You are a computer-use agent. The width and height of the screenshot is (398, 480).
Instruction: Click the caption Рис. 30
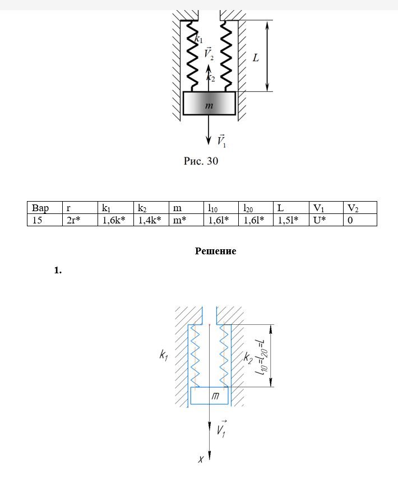pos(201,162)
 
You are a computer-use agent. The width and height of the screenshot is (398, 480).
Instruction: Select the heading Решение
pos(215,251)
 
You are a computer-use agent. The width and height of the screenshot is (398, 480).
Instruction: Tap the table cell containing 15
pos(45,220)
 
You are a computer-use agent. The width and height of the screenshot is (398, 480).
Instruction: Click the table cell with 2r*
pos(80,220)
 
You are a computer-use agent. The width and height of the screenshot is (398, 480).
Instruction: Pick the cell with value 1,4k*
pos(150,220)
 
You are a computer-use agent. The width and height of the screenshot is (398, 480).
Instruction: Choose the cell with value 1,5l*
pos(290,220)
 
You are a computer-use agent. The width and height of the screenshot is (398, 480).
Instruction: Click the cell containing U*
pos(325,220)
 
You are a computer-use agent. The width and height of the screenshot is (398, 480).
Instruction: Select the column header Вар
pos(45,208)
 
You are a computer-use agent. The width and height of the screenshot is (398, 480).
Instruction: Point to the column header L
pos(290,208)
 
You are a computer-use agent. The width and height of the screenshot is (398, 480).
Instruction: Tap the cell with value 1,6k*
pos(115,220)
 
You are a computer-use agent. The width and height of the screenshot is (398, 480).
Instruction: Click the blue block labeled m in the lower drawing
pos(210,395)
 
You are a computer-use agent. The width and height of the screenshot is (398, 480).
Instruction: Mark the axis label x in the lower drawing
pos(201,459)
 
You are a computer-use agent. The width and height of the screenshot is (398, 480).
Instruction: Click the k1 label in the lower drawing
pos(164,355)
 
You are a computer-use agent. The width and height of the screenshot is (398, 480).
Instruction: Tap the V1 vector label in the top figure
pos(221,141)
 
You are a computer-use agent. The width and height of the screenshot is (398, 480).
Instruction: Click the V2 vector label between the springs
pos(209,54)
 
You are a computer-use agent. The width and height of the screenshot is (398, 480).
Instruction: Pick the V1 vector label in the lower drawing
pos(222,428)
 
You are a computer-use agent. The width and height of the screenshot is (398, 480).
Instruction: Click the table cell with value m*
pos(185,220)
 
